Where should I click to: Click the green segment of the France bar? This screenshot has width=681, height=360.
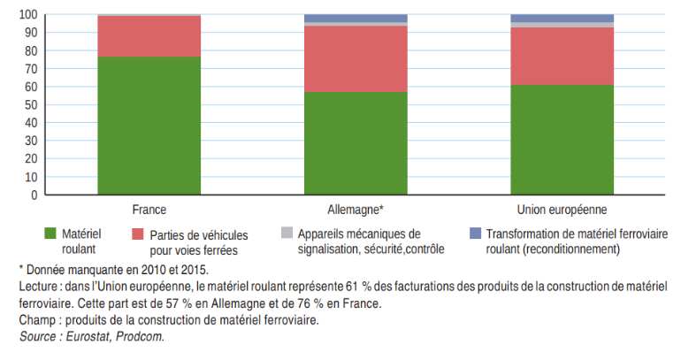[x=149, y=126]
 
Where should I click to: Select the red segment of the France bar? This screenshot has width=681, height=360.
[x=149, y=36]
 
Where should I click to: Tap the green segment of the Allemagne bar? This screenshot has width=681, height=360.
[x=356, y=143]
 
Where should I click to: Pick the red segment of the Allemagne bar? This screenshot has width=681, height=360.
[x=356, y=59]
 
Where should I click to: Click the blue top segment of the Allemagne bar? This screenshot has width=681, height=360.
[x=356, y=19]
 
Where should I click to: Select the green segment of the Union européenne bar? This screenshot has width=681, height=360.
[x=562, y=140]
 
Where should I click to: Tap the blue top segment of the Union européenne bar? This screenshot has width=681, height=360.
[x=562, y=19]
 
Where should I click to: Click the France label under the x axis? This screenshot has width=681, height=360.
[x=149, y=210]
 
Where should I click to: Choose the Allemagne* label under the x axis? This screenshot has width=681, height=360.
[x=356, y=210]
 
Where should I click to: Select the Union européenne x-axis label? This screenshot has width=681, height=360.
[x=562, y=210]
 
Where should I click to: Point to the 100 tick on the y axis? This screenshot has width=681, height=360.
[x=27, y=15]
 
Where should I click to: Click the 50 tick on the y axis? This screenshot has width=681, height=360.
[x=30, y=105]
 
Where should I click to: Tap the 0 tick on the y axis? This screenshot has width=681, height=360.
[x=33, y=195]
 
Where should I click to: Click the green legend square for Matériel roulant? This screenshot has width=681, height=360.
[x=50, y=234]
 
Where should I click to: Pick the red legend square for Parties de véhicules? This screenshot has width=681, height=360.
[x=137, y=234]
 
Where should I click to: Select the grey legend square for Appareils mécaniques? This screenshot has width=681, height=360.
[x=287, y=234]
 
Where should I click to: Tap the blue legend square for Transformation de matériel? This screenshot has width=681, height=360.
[x=475, y=234]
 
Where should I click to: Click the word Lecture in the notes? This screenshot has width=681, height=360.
[x=38, y=287]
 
